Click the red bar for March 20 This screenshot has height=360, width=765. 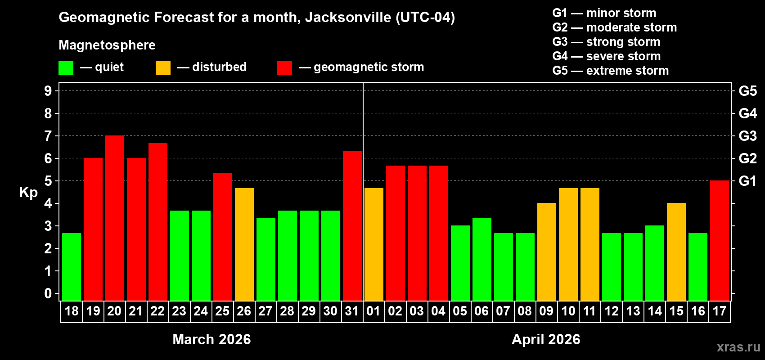[115, 218]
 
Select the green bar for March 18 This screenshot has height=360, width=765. [72, 267]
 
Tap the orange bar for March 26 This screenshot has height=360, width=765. [244, 244]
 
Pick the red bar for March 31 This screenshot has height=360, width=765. [352, 225]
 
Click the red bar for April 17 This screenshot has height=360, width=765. [720, 241]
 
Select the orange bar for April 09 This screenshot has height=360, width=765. [547, 252]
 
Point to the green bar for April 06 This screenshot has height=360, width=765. [482, 260]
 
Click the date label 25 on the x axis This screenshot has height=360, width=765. [222, 311]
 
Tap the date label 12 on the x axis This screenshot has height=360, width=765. [611, 311]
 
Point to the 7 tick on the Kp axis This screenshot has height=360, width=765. [48, 136]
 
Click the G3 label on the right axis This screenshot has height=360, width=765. [747, 136]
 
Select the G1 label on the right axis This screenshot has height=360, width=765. [747, 181]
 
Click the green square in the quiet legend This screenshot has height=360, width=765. [66, 68]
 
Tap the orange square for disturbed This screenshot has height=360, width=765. [163, 68]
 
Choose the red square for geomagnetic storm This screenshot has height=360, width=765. [284, 68]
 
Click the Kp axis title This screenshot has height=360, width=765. [28, 192]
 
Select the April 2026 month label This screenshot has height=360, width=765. [546, 339]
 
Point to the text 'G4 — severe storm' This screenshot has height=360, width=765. [606, 56]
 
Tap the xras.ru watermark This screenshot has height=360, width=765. [738, 347]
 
